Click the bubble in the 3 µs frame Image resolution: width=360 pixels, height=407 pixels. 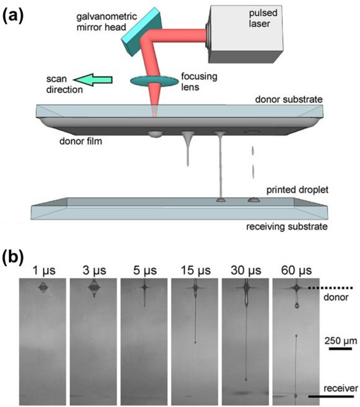pyautogui.click(x=94, y=288)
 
